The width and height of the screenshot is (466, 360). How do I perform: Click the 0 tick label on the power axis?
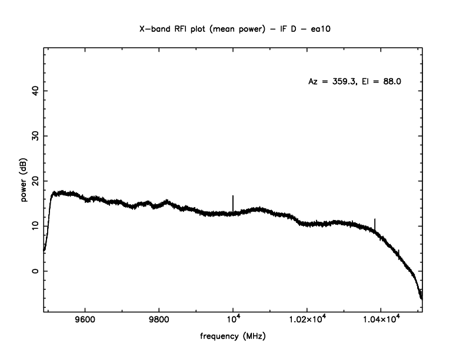coord(35,271)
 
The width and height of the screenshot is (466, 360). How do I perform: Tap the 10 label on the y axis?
coord(35,226)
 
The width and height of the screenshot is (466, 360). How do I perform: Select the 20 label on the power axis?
coord(35,181)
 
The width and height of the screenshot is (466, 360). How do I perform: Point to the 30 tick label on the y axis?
coord(35,135)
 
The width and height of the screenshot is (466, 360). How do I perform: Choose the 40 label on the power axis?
coord(35,90)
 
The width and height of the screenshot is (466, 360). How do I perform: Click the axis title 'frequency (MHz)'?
coord(233,338)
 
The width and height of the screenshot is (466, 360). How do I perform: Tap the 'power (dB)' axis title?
coord(25,181)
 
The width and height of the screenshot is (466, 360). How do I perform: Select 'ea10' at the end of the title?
coord(315,28)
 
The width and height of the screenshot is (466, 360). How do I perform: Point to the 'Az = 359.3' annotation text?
coord(331,82)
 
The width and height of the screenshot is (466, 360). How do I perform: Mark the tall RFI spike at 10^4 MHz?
coord(233,202)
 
